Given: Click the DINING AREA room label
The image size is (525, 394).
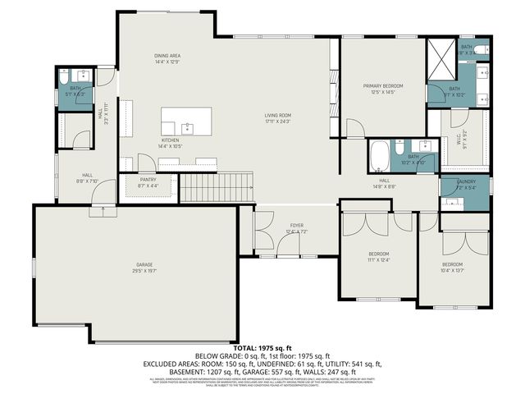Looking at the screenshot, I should click(167, 55).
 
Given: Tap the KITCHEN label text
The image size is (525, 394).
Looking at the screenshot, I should click(170, 140).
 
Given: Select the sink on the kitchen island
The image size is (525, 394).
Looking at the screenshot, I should click(186, 127).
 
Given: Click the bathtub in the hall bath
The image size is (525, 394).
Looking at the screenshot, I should click(380, 154).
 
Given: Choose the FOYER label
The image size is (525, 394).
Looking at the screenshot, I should click(296, 225).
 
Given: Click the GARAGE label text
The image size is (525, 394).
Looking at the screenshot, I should click(144, 264).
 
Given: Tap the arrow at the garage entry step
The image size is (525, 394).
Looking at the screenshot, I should click(103, 210).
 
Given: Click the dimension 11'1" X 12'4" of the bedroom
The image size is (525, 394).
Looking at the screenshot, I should click(378, 260).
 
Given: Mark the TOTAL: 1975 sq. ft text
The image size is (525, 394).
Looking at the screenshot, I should click(262, 350).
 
